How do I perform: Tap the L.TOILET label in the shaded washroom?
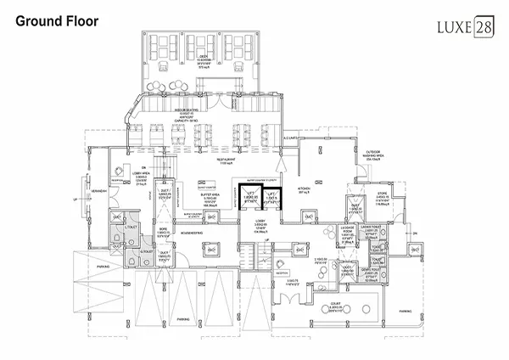[x=131, y=227]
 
